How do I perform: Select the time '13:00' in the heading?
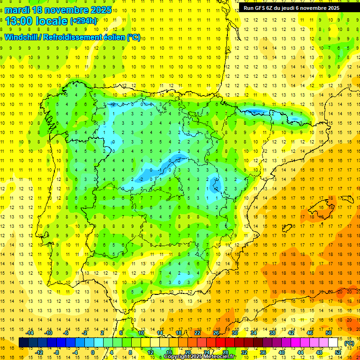coord(19,21)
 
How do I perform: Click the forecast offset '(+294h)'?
coord(83,21)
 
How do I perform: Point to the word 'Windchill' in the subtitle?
coord(22,37)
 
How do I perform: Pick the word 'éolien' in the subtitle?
coord(115,37)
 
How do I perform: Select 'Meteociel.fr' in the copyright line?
coord(219,357)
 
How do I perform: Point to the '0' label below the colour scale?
coord(93,352)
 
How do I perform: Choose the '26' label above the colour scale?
coord(216,333)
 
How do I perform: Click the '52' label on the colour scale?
coord(338,352)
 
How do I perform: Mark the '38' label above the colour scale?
coord(272,333)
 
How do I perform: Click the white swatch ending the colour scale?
coord(333,343)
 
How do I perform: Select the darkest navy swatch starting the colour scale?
coord(23,343)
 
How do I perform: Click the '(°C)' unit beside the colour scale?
coord(349,343)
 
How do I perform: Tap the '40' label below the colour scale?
coord(282,352)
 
